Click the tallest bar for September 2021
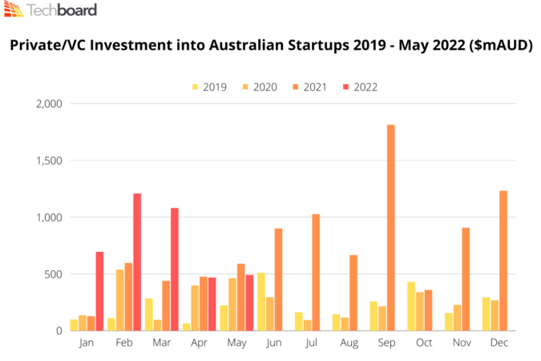pyautogui.click(x=391, y=228)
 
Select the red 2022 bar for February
pyautogui.click(x=137, y=262)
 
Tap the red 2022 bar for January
pyautogui.click(x=99, y=291)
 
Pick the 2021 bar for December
pyautogui.click(x=503, y=261)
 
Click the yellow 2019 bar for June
pyautogui.click(x=261, y=302)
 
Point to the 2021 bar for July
pyautogui.click(x=316, y=272)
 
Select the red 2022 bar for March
pyautogui.click(x=175, y=269)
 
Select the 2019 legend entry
pyautogui.click(x=208, y=87)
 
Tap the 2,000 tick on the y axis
pyautogui.click(x=49, y=103)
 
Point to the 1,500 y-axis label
pyautogui.click(x=49, y=160)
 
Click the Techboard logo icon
pyautogui.click(x=14, y=10)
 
